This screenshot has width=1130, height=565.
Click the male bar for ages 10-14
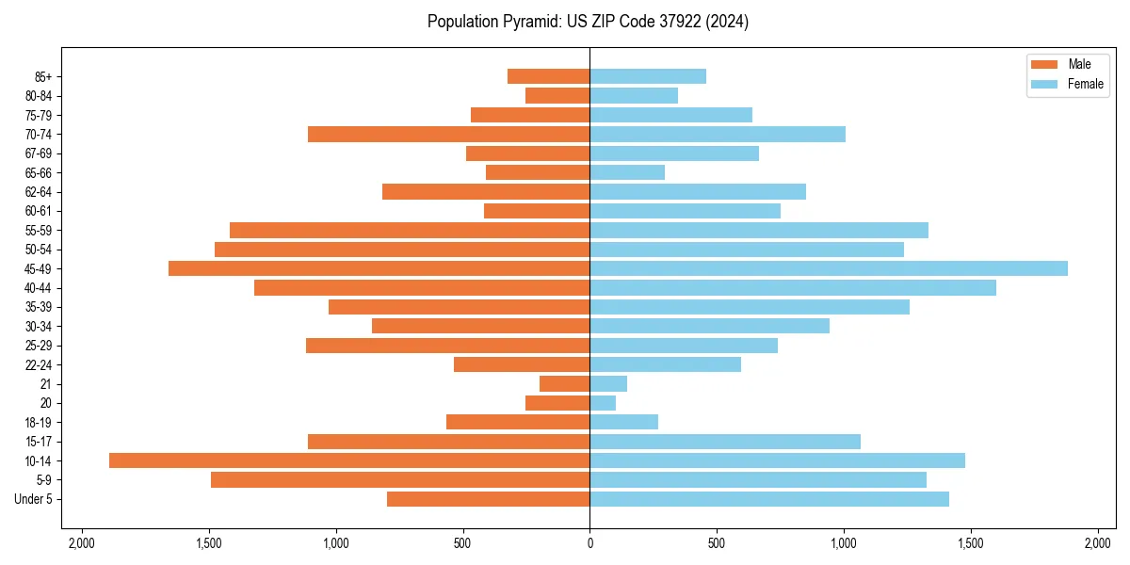(349, 460)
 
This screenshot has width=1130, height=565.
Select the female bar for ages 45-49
(829, 268)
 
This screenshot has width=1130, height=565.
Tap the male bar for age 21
(565, 384)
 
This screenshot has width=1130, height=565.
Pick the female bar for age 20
(603, 403)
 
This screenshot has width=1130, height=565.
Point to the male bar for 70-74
(449, 135)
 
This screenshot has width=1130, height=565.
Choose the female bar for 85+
(648, 76)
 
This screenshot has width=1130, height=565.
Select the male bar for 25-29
(448, 346)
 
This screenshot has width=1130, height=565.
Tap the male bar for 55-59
(410, 231)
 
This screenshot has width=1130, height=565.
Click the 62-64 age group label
(38, 192)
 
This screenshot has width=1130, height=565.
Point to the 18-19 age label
(38, 423)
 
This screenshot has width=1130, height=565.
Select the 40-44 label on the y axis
(38, 288)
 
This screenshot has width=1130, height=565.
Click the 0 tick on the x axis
(589, 543)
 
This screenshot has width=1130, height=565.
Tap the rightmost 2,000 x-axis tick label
(1098, 543)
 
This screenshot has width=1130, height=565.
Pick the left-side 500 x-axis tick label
(462, 543)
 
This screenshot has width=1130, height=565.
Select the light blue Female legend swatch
(1044, 84)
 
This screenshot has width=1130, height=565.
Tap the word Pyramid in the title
(528, 22)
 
